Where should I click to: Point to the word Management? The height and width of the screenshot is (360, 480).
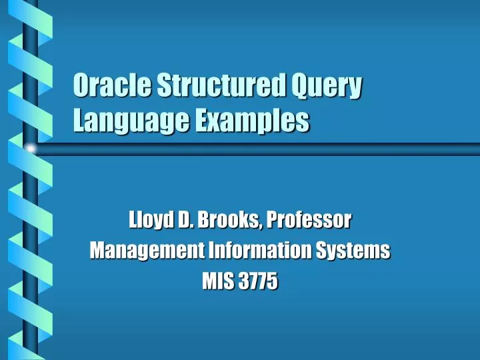[x=137, y=252]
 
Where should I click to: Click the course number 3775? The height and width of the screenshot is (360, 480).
[x=259, y=283]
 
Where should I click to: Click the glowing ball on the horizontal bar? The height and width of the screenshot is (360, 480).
[x=29, y=147]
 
